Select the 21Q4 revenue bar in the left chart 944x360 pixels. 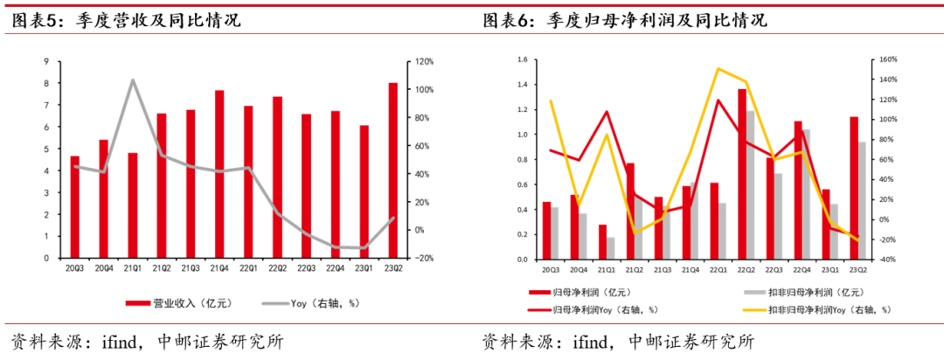[219, 174]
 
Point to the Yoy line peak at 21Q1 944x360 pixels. [133, 80]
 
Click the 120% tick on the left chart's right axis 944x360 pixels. [425, 62]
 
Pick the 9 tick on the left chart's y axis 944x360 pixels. [45, 62]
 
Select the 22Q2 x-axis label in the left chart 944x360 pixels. [277, 268]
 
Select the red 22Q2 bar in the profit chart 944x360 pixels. [742, 175]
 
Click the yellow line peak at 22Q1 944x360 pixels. [718, 68]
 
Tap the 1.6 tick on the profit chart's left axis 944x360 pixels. [522, 60]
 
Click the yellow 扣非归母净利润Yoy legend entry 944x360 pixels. [823, 310]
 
